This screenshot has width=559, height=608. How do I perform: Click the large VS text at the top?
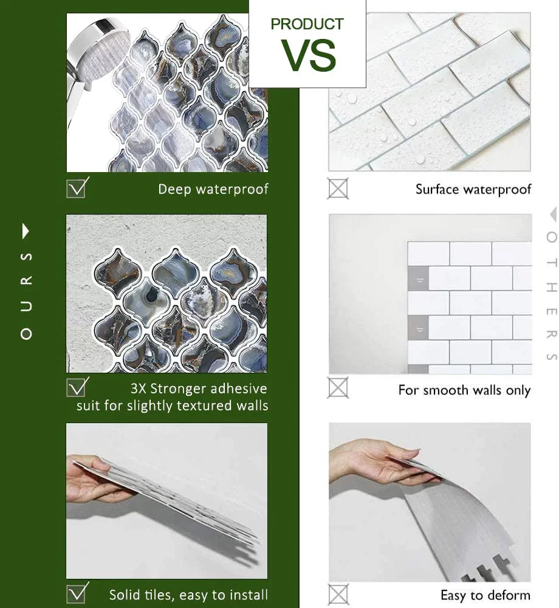point(308,55)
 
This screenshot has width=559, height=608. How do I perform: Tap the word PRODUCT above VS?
point(307,24)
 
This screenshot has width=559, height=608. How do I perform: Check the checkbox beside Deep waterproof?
point(77,188)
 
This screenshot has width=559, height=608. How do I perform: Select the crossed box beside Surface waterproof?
point(338,189)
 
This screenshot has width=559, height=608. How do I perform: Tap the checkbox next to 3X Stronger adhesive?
point(77,387)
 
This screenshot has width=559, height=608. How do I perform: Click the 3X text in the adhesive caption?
point(139,388)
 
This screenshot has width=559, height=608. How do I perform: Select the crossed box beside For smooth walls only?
point(338,388)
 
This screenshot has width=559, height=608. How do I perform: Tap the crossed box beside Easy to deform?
point(338,595)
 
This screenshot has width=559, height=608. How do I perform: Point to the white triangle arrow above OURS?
point(26,231)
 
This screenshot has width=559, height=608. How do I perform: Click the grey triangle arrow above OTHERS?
point(553,214)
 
